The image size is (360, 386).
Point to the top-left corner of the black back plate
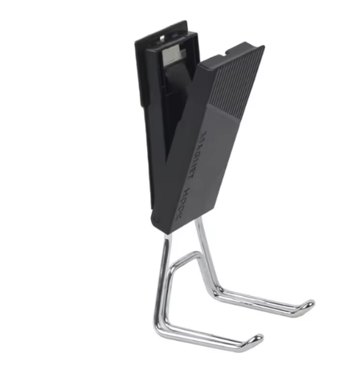pos(137,37)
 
